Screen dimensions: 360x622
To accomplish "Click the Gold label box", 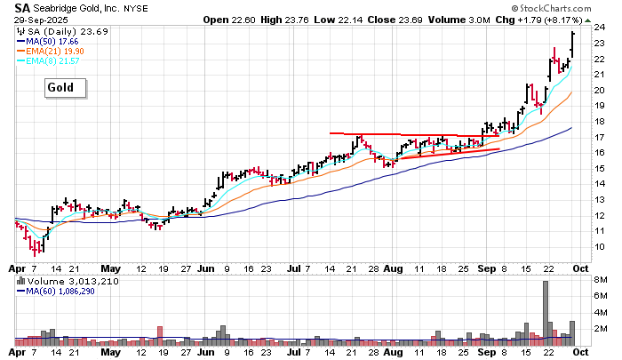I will pyautogui.click(x=66, y=88).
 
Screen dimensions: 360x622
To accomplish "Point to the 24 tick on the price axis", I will pyautogui.click(x=600, y=28).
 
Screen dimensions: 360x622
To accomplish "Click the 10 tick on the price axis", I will pyautogui.click(x=600, y=246).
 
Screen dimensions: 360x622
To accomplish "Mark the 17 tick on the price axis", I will pyautogui.click(x=600, y=137).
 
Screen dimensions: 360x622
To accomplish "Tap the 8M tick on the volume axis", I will pyautogui.click(x=601, y=280).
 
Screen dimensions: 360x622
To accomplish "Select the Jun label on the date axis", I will pyautogui.click(x=207, y=268).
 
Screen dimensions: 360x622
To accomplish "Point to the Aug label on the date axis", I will pyautogui.click(x=394, y=268).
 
